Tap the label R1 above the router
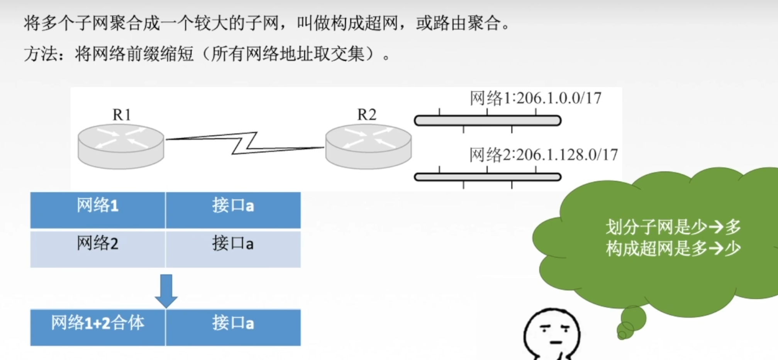[122, 115]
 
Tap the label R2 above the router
[366, 115]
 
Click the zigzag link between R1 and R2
[245, 143]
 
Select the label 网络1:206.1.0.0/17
[535, 98]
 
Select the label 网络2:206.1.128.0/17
[543, 155]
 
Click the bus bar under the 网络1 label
[487, 121]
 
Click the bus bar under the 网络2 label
[487, 177]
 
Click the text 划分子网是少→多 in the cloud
[673, 227]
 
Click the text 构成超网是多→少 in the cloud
[673, 249]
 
